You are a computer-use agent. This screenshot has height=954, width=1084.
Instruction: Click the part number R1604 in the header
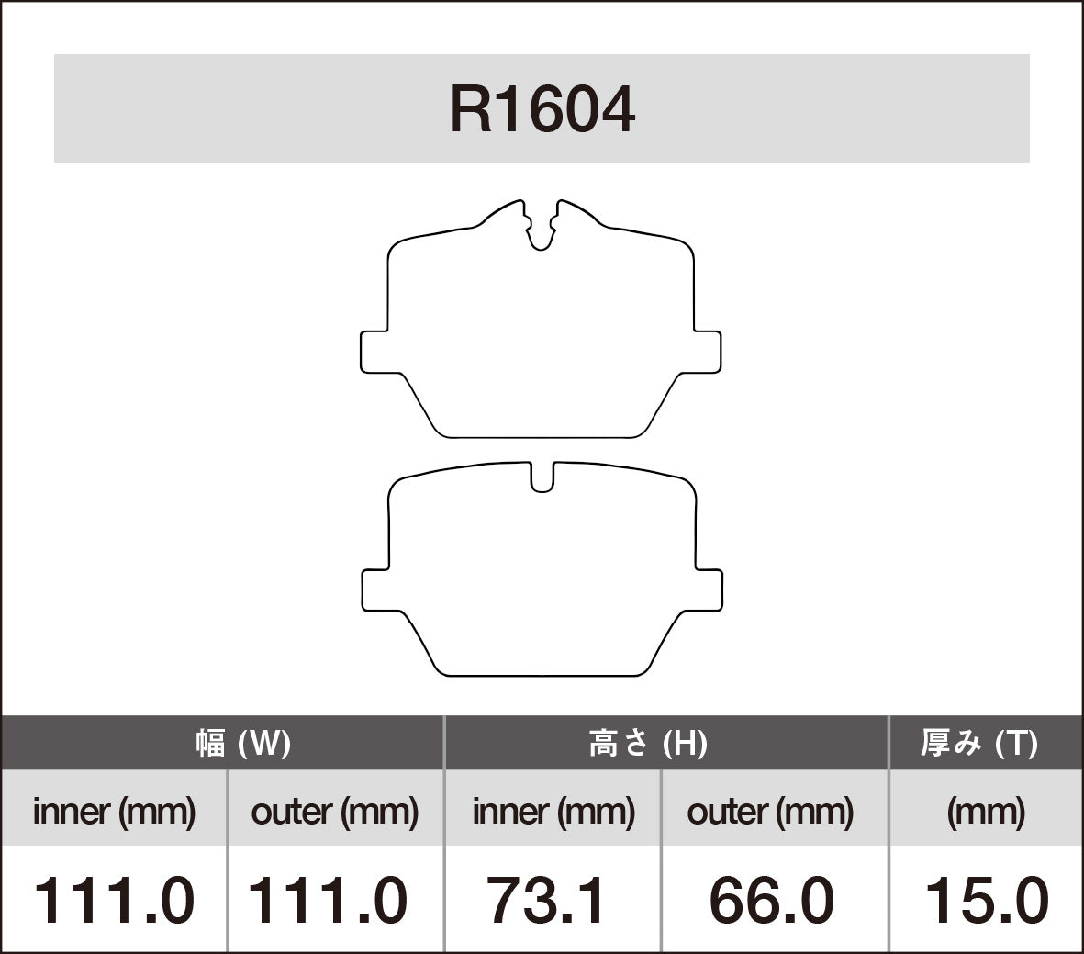tap(542, 110)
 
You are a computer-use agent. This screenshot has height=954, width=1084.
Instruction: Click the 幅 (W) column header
tap(243, 743)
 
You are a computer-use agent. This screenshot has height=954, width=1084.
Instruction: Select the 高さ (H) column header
tap(648, 743)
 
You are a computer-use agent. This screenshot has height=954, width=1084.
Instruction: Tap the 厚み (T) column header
tap(979, 743)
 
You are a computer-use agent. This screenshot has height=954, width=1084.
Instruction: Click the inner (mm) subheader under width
tap(115, 812)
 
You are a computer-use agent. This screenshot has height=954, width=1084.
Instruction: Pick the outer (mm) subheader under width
tap(335, 812)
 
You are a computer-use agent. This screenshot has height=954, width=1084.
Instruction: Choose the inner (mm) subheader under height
tap(553, 812)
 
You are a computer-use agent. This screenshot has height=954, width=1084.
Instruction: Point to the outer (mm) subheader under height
tap(770, 812)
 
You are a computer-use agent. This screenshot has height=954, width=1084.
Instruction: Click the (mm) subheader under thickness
tap(986, 812)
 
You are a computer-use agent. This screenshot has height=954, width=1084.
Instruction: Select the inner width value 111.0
tap(115, 900)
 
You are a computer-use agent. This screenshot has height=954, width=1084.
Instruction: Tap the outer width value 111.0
tap(328, 900)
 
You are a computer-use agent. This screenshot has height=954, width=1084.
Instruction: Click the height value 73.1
tap(546, 900)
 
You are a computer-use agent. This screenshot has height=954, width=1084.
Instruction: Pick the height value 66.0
tap(771, 900)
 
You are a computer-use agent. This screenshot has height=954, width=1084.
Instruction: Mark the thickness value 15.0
tap(986, 900)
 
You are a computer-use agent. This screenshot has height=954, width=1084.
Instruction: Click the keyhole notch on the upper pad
tap(542, 230)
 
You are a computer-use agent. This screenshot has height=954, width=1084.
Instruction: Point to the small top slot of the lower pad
tap(542, 476)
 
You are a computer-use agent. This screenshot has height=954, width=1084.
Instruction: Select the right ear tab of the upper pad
tap(706, 352)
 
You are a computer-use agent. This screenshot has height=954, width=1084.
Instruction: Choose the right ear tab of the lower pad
tap(708, 589)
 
